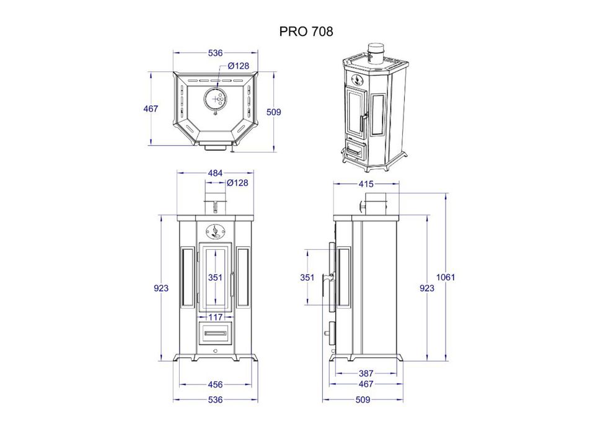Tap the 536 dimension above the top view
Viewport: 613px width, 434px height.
point(215,53)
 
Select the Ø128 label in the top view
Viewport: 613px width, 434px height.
point(238,66)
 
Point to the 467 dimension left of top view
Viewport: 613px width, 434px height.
point(151,108)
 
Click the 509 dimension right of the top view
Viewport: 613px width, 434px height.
point(273,112)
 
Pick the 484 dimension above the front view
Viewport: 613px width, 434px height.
point(215,173)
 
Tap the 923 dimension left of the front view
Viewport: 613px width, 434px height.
point(161,288)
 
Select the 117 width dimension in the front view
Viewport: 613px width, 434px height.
point(215,317)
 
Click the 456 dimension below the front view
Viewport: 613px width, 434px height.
point(215,384)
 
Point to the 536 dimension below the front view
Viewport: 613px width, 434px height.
point(215,400)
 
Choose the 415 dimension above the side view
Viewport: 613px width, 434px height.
point(365,184)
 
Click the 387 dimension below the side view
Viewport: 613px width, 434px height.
point(365,373)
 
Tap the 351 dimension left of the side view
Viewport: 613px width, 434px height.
point(307,277)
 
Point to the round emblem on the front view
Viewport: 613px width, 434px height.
point(215,231)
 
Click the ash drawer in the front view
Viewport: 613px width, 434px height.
point(215,334)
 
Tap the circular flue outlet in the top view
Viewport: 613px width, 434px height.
point(215,99)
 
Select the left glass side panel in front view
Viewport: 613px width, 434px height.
point(187,277)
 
